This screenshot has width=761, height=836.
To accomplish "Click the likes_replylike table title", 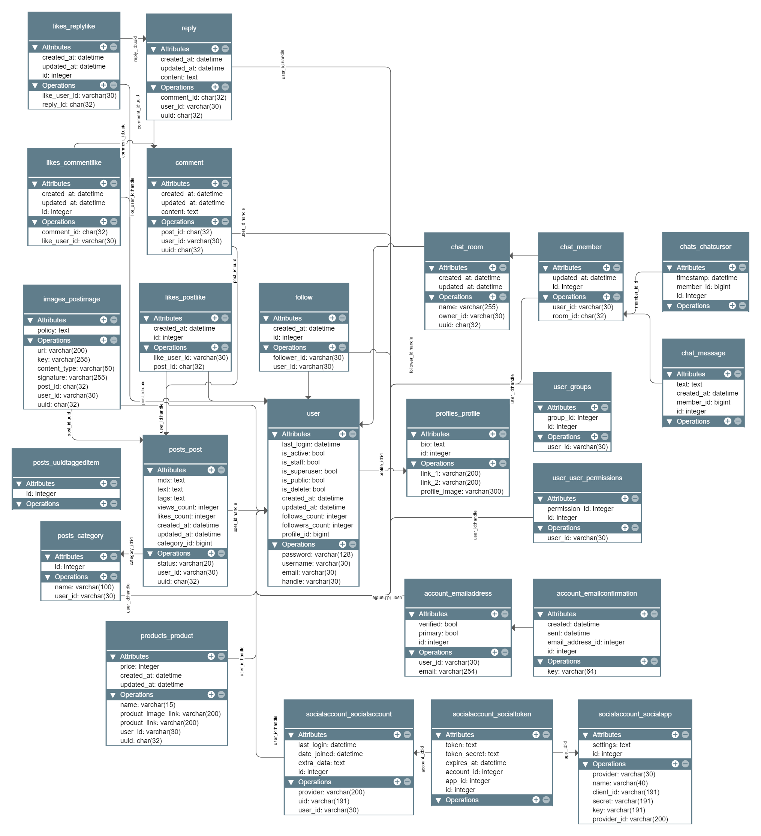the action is coord(74,26).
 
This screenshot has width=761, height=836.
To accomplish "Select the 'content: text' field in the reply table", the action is coord(179,77).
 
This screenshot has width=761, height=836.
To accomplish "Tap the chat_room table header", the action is coord(467,247).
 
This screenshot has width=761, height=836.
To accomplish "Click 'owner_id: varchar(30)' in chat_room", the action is coord(472,316).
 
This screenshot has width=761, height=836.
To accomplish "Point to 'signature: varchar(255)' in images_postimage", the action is coord(72,378).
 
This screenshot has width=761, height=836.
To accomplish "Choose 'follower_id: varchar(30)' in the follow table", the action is coord(308,358).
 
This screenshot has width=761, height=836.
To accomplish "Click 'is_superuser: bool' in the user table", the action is coord(309,471).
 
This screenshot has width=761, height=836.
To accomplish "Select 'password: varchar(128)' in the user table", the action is coord(317,554).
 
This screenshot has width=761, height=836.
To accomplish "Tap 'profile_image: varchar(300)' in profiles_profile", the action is coord(462,491).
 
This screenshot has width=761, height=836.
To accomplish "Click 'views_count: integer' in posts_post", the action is coord(188,507).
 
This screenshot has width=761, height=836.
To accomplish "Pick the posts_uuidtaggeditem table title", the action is coord(66,463).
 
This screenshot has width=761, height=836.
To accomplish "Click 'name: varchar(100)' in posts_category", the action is coord(84,587).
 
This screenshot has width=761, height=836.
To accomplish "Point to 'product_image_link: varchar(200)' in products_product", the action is coord(171,714).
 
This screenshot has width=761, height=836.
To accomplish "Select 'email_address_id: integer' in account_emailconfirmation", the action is coord(586,642).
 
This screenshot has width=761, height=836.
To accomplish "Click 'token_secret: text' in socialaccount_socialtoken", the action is coord(472,754).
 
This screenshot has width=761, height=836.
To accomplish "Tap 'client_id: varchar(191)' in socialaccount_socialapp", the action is coord(626,792).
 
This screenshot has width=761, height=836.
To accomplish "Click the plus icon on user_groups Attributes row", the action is coord(594,408).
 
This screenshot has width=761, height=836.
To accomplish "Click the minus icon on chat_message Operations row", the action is coord(738,421).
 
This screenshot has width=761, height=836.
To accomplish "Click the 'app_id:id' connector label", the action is coord(565,750).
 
